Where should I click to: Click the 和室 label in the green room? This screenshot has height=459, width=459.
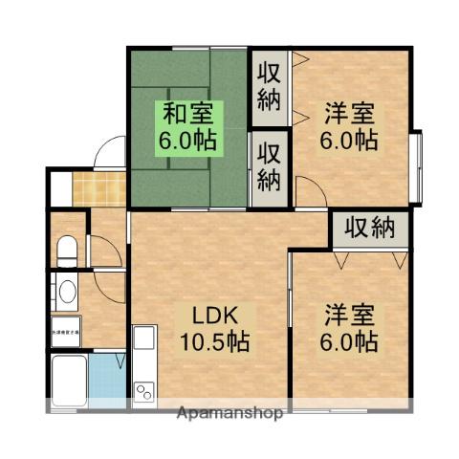coord(186,114)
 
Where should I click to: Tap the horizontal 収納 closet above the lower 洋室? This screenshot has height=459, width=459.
coord(370,229)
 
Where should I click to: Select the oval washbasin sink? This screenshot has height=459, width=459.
coord(66,292)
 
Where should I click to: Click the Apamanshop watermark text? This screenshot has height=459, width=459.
coord(229,414)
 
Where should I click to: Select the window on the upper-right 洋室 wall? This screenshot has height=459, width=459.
coord(416,167)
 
